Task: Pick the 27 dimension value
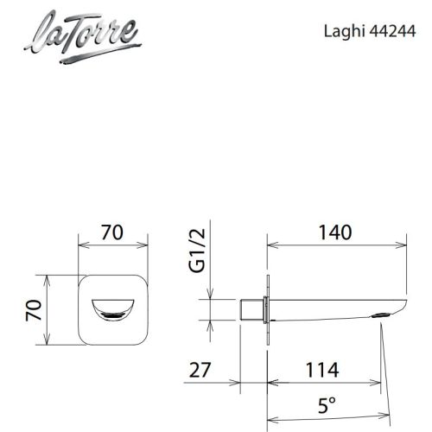tap(200, 371)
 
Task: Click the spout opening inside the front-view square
tap(114, 308)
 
